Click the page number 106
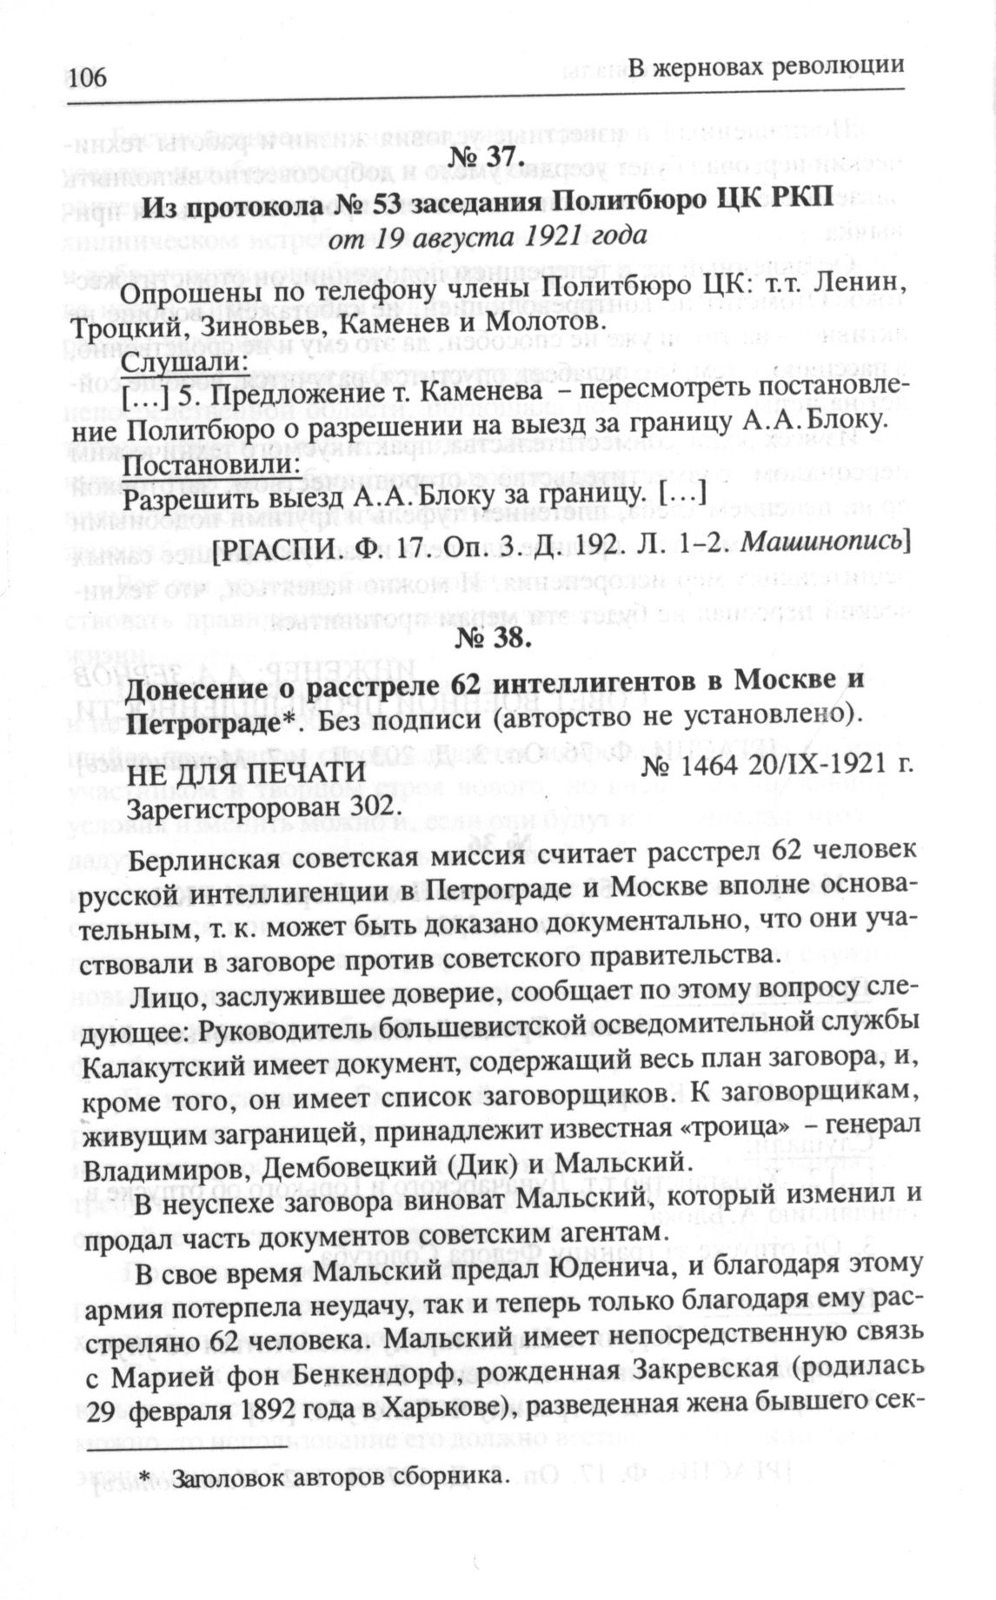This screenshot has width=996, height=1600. point(83,77)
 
